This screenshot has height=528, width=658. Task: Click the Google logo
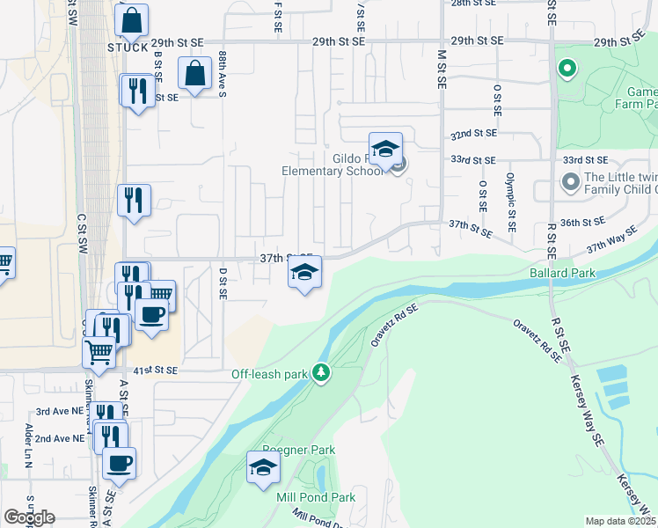coord(29,517)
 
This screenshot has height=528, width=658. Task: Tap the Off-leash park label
coord(269,374)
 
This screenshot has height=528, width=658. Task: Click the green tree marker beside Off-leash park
coord(321,373)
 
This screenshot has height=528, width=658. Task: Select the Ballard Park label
coord(562,274)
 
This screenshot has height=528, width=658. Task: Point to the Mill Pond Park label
coord(316,497)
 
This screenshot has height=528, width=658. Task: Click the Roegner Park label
coord(300,451)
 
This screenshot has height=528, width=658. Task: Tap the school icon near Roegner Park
coord(262,468)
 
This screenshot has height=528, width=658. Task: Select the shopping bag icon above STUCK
coord(131,21)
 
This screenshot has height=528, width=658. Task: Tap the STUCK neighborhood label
coord(128,48)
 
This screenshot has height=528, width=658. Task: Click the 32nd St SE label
coord(473,134)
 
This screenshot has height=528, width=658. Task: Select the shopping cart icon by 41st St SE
coord(99,352)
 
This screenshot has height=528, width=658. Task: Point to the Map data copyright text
coord(621,521)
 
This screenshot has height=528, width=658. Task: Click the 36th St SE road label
coord(583,222)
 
